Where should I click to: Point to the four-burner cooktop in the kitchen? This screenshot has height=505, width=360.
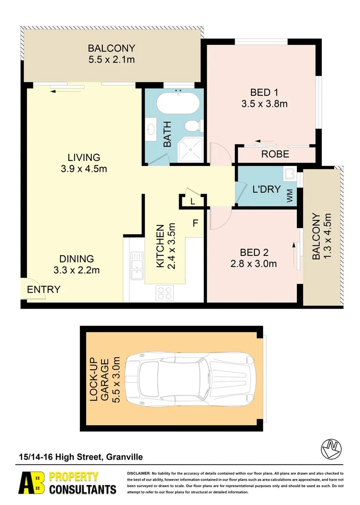[165, 293]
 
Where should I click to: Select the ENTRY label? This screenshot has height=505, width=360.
[43, 289]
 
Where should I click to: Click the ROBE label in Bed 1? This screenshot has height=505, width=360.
[275, 154]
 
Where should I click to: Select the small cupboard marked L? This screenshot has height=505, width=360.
[192, 202]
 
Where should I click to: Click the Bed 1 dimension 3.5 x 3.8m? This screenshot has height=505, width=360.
[264, 104]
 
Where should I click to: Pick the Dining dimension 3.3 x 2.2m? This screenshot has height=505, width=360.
[77, 270]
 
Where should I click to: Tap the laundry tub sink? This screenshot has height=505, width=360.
[289, 174]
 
